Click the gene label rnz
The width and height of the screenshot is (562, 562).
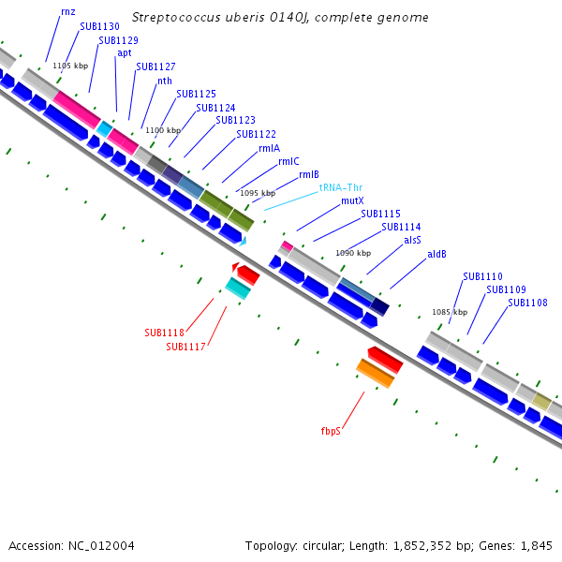68,11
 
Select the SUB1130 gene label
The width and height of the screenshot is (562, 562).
99,27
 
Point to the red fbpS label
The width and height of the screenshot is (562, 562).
331,431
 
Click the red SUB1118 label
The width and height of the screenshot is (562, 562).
164,333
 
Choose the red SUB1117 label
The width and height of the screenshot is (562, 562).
185,347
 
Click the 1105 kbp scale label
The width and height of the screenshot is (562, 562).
70,66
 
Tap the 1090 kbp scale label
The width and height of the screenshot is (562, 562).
353,253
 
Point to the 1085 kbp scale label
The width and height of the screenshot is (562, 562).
450,312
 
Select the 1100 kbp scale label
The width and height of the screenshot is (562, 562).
162,130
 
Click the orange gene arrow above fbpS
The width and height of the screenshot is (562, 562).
375,372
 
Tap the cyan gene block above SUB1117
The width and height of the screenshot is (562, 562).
238,288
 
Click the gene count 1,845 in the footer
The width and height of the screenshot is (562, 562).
534,545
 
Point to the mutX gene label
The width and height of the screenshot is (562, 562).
352,200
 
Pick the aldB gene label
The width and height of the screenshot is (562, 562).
437,254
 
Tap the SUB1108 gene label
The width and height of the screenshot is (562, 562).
527,303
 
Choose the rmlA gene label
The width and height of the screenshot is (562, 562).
269,148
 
